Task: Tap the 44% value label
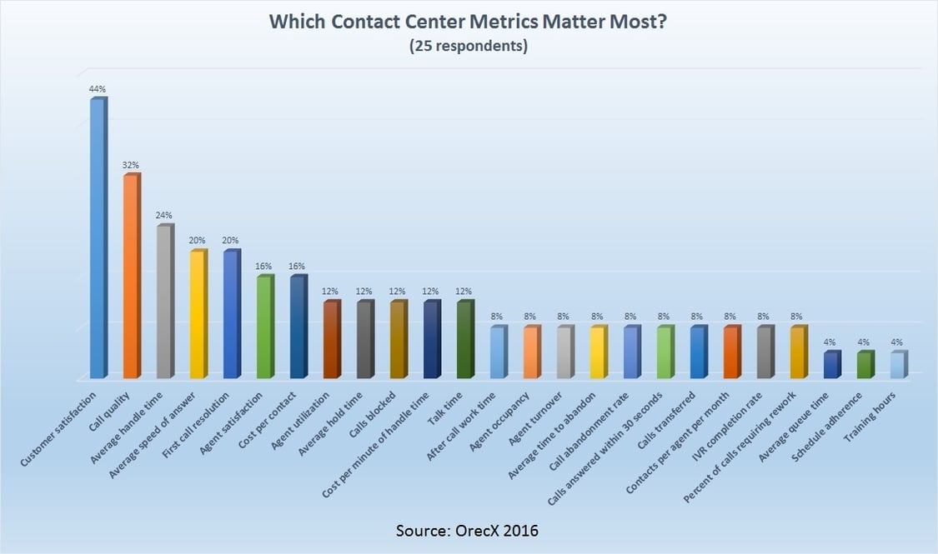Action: click(98, 88)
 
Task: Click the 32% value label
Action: click(131, 165)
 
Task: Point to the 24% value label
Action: click(164, 215)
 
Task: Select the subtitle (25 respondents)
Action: click(468, 47)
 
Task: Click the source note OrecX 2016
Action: click(468, 530)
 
